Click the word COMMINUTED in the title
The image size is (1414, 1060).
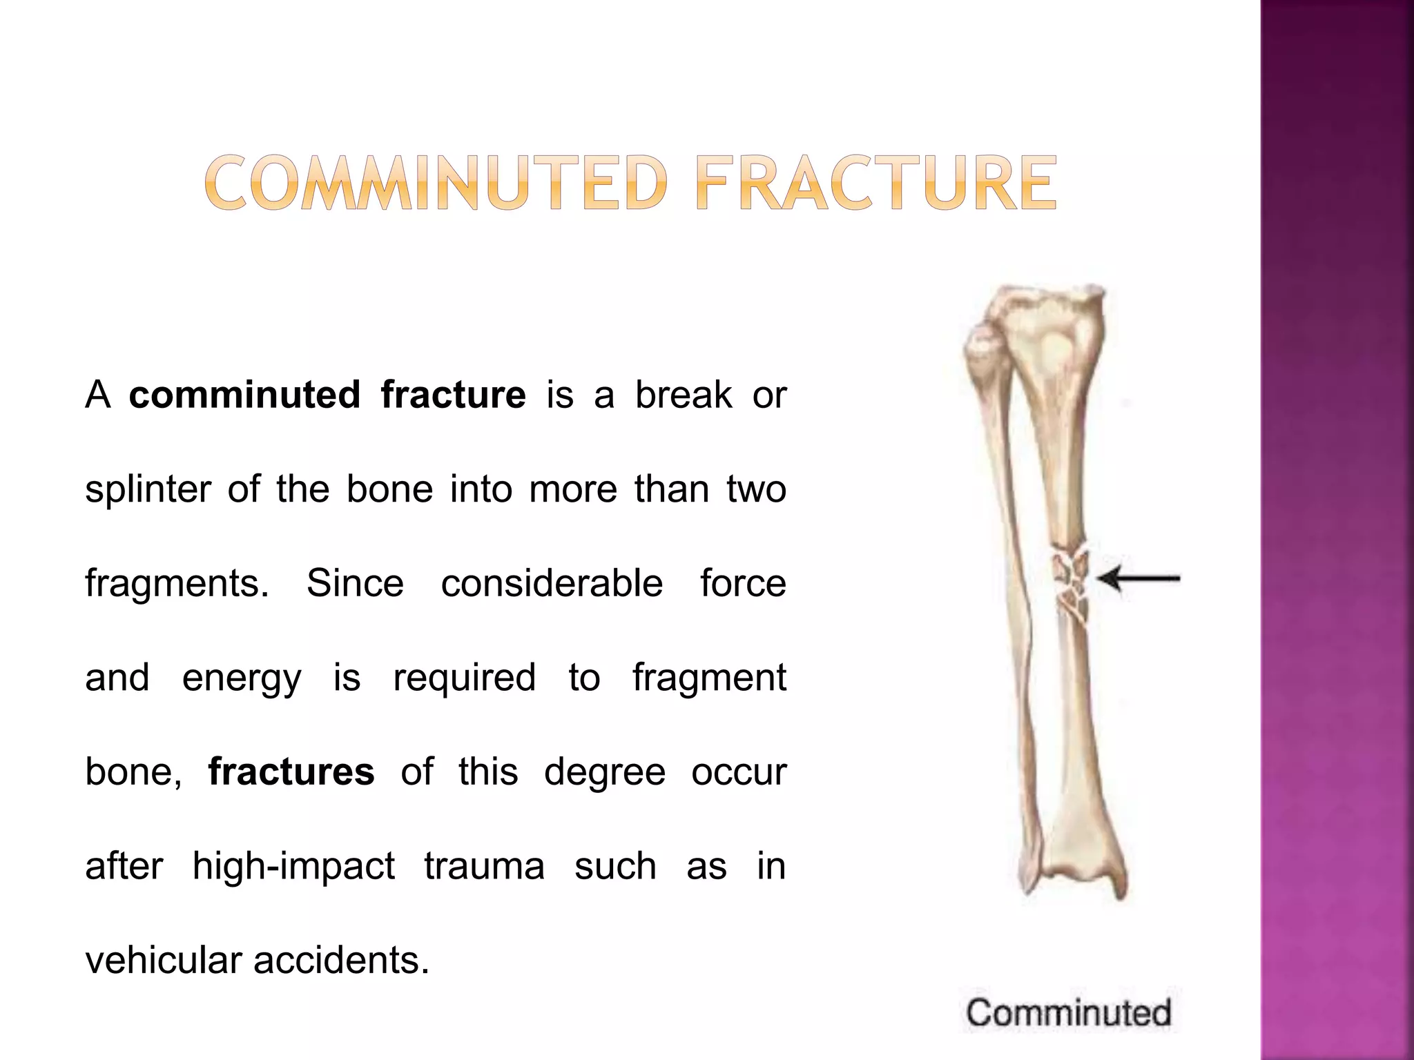436,183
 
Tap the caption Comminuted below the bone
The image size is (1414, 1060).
1068,1013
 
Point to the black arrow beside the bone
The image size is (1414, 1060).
1139,578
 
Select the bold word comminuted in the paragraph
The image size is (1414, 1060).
244,395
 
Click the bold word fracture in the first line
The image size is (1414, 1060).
453,395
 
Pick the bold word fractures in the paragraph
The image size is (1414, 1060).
291,772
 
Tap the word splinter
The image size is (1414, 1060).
148,489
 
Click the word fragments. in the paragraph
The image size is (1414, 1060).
177,583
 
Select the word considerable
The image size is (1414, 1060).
552,583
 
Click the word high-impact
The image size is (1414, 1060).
293,866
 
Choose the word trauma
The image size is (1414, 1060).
484,866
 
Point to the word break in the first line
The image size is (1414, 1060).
684,395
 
